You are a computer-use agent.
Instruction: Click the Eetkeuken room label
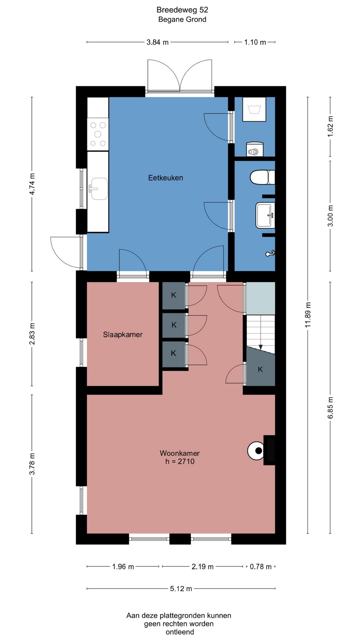click(x=166, y=178)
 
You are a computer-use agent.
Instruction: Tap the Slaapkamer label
click(x=123, y=335)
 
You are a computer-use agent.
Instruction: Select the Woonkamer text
click(x=180, y=453)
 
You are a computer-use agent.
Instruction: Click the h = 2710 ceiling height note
click(x=180, y=461)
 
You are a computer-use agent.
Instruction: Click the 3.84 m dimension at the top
click(x=158, y=42)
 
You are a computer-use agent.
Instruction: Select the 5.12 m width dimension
click(x=181, y=589)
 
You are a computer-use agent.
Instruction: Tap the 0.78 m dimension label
click(x=261, y=567)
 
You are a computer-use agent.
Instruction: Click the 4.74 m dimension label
click(x=32, y=184)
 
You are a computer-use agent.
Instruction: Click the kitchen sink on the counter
click(x=98, y=189)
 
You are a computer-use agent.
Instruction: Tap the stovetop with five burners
click(x=98, y=134)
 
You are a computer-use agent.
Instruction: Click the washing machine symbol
click(x=254, y=109)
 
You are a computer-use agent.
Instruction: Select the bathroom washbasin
click(x=266, y=215)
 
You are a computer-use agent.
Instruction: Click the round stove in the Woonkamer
click(x=258, y=450)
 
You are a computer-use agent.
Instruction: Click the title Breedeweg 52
click(x=182, y=10)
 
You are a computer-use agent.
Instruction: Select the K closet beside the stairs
click(x=260, y=369)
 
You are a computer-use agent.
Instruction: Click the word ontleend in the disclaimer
click(x=180, y=632)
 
